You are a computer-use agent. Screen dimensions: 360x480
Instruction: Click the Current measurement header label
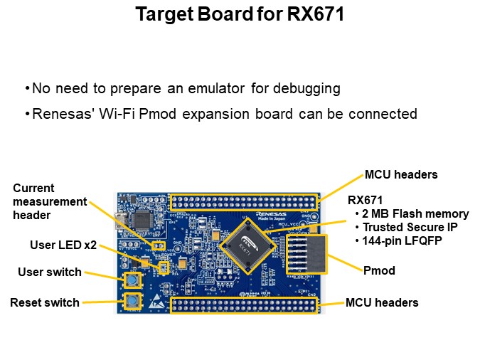pyautogui.click(x=50, y=201)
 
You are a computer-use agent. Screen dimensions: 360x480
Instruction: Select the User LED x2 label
pyautogui.click(x=63, y=245)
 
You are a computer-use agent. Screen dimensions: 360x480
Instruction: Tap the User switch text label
pyautogui.click(x=50, y=272)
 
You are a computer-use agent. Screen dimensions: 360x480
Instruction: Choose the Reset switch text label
pyautogui.click(x=45, y=302)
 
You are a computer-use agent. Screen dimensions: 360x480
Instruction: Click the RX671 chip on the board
pyautogui.click(x=248, y=246)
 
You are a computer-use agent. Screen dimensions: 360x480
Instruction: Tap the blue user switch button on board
pyautogui.click(x=132, y=279)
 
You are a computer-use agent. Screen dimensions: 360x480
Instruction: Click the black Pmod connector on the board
pyautogui.click(x=306, y=255)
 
